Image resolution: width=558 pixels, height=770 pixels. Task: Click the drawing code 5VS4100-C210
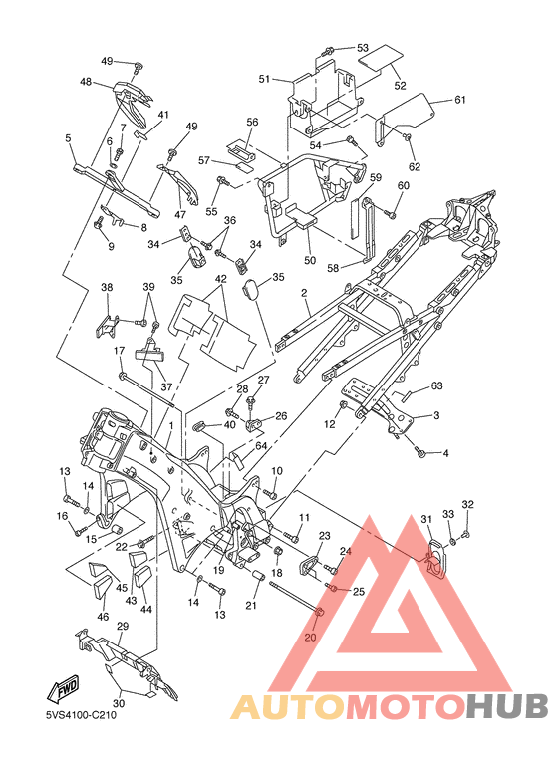coord(78,715)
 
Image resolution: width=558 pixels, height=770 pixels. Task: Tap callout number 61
coord(459,100)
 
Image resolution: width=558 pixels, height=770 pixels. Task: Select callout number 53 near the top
coord(363,48)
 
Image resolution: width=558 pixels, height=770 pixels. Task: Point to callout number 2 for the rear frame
coord(304,293)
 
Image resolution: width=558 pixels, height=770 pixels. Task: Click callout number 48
coord(86,81)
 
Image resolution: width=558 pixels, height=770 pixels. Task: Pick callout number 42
coord(220,279)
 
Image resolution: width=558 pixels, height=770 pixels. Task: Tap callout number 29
coord(123,627)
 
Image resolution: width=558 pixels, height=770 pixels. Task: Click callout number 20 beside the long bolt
coord(311,638)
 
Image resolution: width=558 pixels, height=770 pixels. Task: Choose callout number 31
coord(426,519)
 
